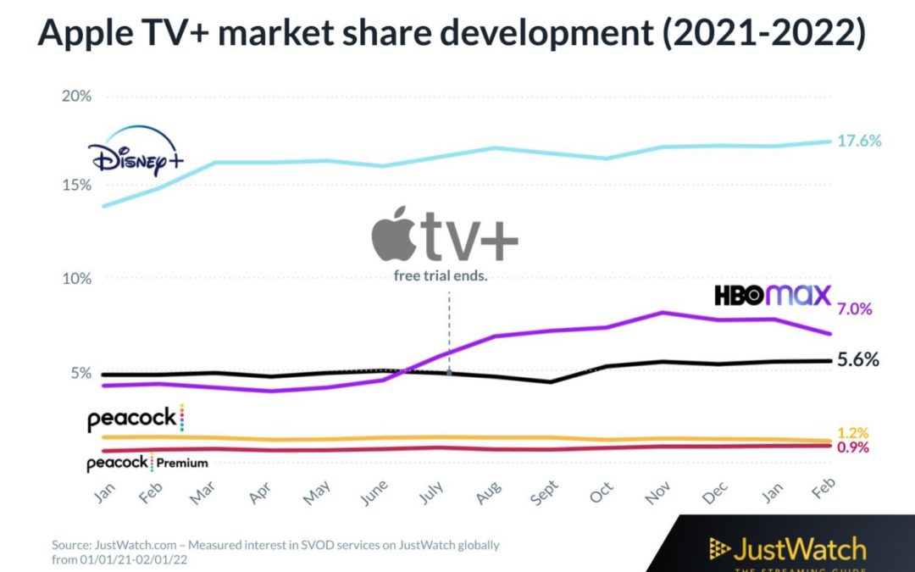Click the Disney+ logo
tap(136, 152)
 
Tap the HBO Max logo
tap(773, 294)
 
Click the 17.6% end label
tap(859, 141)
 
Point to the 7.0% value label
tap(854, 309)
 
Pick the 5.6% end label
tap(857, 359)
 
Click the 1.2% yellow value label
tap(853, 433)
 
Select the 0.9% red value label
tap(853, 447)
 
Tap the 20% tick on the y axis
tap(76, 96)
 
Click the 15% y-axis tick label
tap(76, 186)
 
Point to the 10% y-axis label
tap(76, 279)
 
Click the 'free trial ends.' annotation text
tap(441, 276)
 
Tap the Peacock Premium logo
tap(147, 463)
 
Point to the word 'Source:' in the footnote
tap(71, 545)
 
